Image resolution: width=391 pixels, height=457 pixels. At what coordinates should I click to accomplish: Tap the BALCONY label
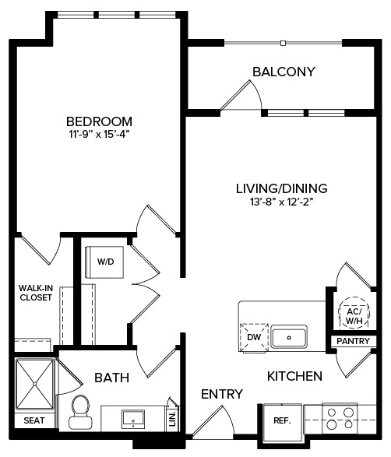[283, 72]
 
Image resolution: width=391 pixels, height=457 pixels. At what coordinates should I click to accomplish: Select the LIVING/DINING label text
[281, 188]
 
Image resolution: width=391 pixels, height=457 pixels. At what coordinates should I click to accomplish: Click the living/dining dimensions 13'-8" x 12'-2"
[281, 202]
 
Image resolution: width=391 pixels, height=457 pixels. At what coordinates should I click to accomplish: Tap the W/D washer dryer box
[105, 262]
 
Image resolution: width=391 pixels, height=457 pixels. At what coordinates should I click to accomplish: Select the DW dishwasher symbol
[254, 337]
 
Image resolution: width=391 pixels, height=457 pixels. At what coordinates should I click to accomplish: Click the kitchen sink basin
[289, 337]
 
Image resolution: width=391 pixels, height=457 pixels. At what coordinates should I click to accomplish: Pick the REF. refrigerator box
[281, 420]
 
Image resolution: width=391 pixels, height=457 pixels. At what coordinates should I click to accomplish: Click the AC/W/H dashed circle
[352, 314]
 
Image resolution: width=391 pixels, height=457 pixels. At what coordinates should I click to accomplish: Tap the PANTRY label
[353, 341]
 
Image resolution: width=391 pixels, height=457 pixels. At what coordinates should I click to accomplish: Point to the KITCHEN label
[294, 376]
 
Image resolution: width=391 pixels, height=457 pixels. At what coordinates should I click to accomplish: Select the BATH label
[112, 378]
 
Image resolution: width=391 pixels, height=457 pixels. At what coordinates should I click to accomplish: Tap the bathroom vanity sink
[132, 418]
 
